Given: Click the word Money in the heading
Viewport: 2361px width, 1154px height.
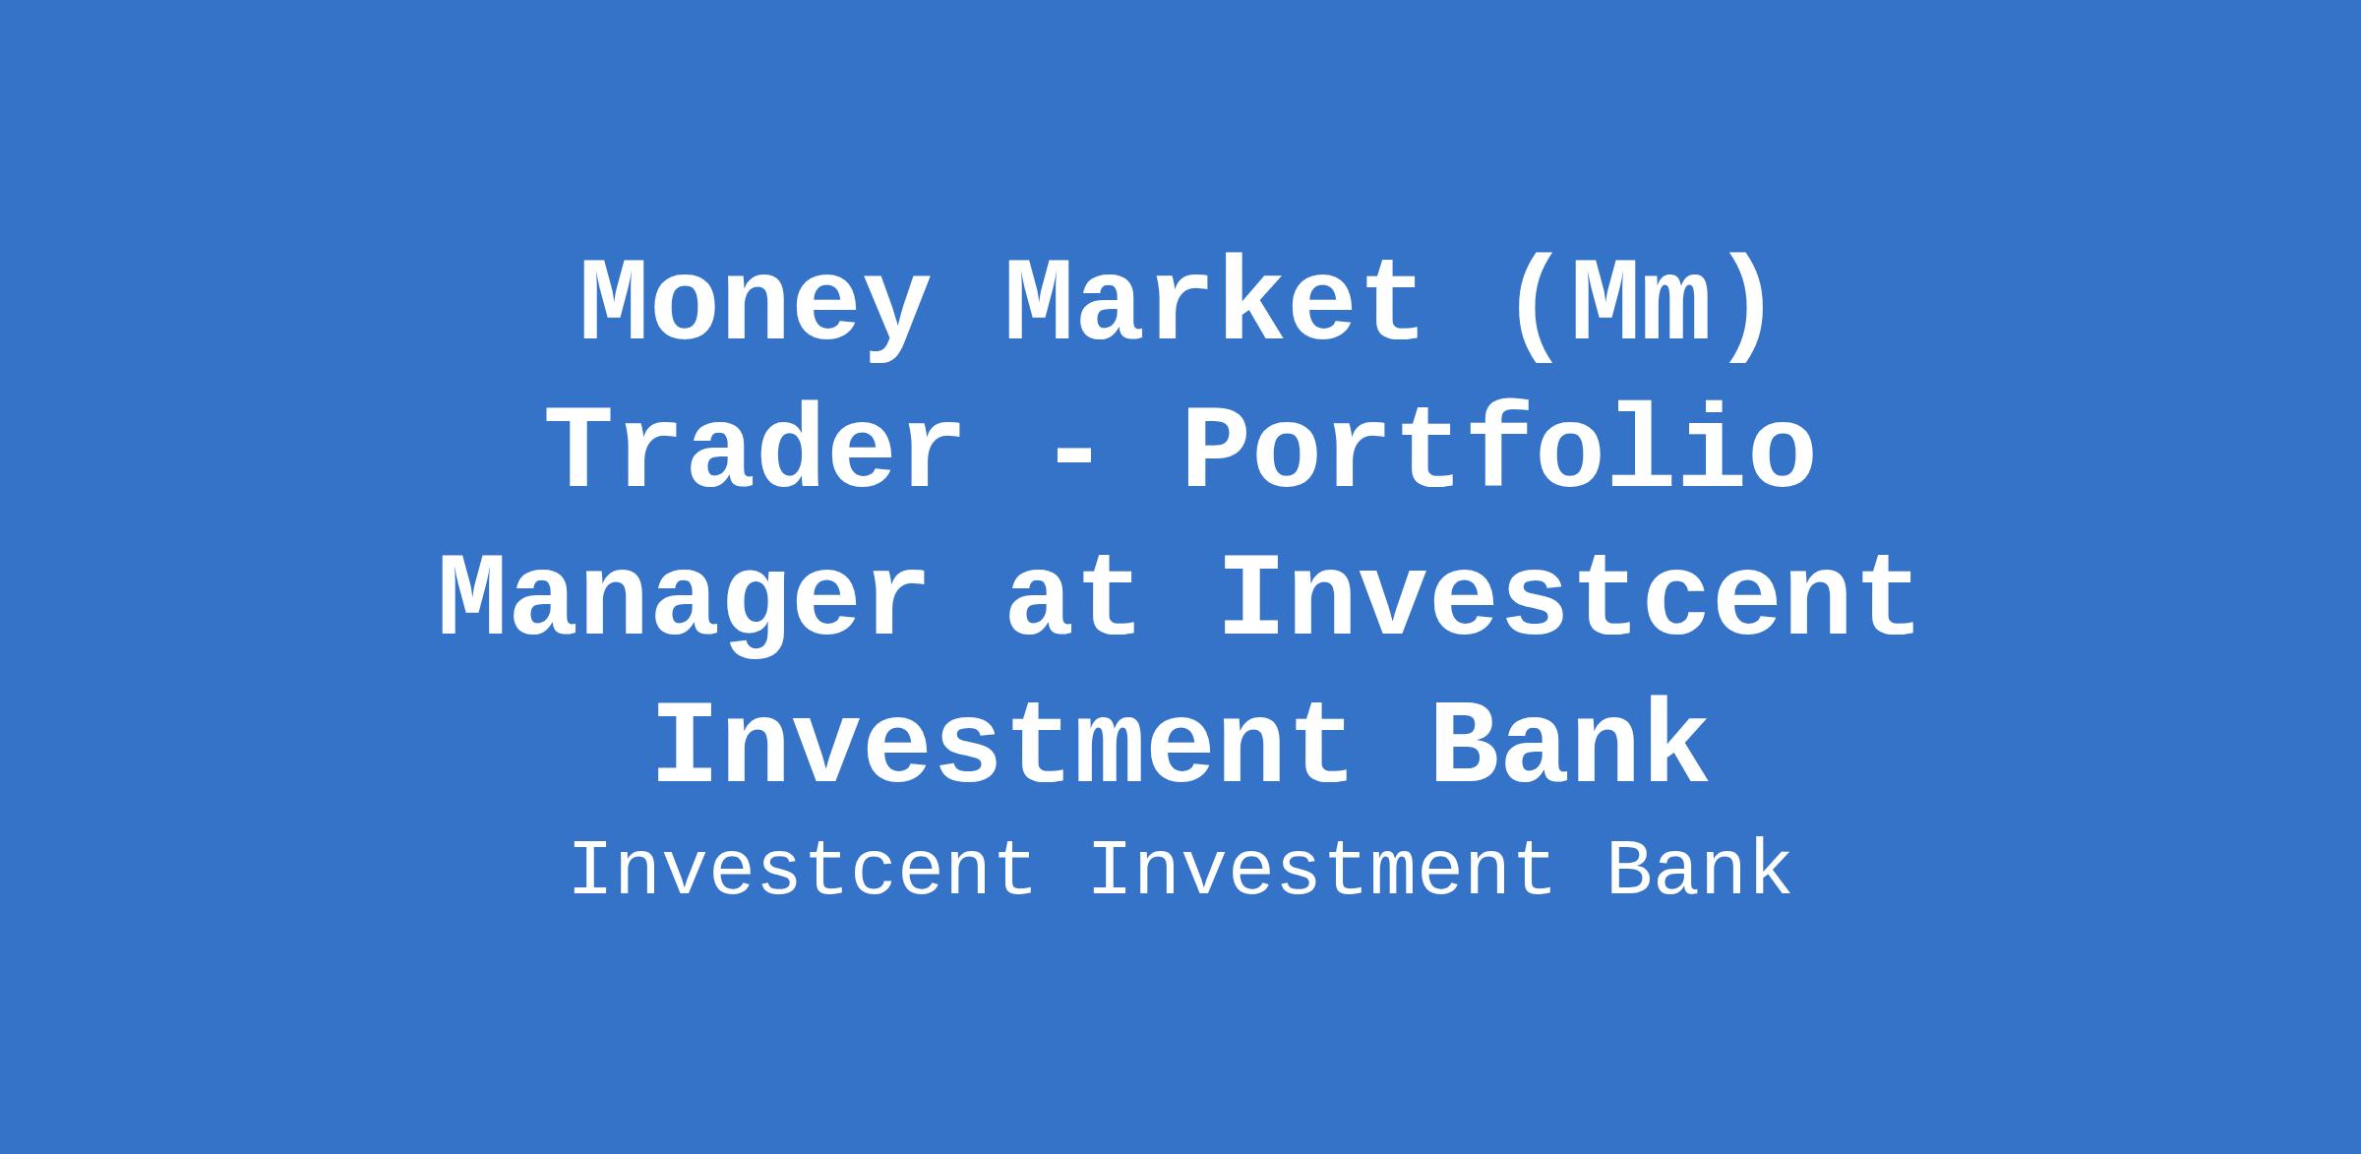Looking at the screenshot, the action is pyautogui.click(x=754, y=305).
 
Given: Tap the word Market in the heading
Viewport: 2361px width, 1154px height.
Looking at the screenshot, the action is pyautogui.click(x=1214, y=301).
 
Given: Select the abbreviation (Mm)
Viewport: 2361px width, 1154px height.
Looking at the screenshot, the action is pyautogui.click(x=1642, y=305).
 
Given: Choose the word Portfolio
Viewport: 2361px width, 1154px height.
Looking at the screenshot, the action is pyautogui.click(x=1499, y=448).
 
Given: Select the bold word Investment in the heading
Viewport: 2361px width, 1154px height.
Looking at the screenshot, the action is pyautogui.click(x=1002, y=743).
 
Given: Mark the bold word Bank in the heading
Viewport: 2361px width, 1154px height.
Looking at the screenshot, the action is pyautogui.click(x=1569, y=743).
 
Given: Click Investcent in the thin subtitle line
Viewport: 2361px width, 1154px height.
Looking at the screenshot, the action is pyautogui.click(x=803, y=870).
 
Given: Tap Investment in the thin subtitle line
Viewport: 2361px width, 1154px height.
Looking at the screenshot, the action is pyautogui.click(x=1321, y=870).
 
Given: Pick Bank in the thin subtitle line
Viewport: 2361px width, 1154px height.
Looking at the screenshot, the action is pyautogui.click(x=1699, y=870).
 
